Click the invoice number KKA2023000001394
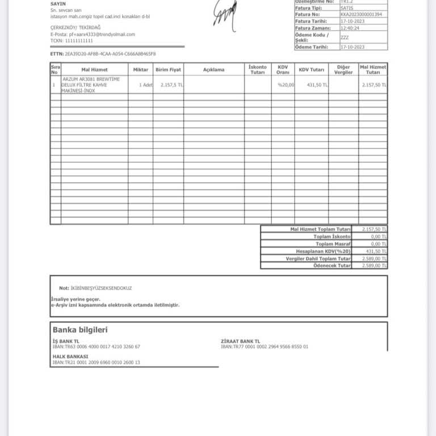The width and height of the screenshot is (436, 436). (361, 15)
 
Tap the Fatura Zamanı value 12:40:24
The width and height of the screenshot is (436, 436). (350, 27)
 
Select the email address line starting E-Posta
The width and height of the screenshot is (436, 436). (93, 35)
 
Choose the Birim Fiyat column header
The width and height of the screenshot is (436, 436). (168, 70)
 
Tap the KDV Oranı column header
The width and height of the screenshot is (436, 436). (283, 70)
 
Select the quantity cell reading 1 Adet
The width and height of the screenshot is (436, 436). (145, 85)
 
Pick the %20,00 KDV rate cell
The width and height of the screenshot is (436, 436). (286, 85)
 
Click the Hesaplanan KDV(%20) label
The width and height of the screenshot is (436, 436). (323, 251)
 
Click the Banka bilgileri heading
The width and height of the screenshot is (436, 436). (80, 330)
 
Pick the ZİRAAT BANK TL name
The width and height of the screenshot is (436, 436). (240, 341)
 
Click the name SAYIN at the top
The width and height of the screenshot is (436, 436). (58, 4)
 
